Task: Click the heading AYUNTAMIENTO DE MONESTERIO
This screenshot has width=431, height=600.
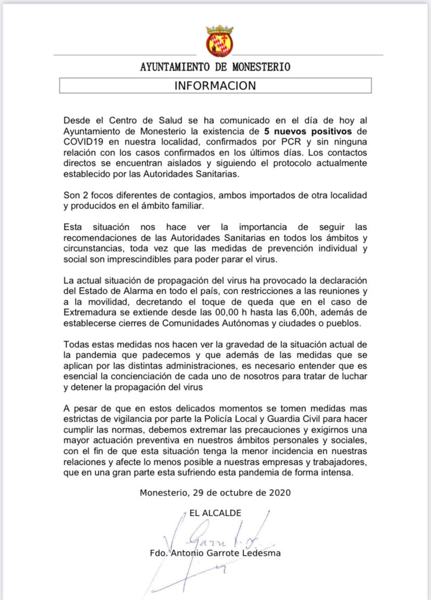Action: pyautogui.click(x=215, y=67)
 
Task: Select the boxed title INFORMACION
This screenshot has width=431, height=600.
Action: pyautogui.click(x=215, y=86)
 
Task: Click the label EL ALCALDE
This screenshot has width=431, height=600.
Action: pyautogui.click(x=215, y=513)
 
